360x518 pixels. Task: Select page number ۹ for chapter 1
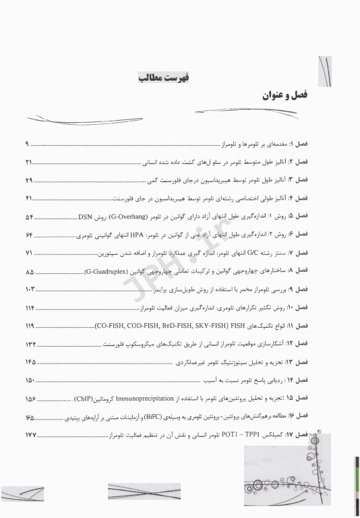tap(28, 144)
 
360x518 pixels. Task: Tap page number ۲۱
tap(29, 163)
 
